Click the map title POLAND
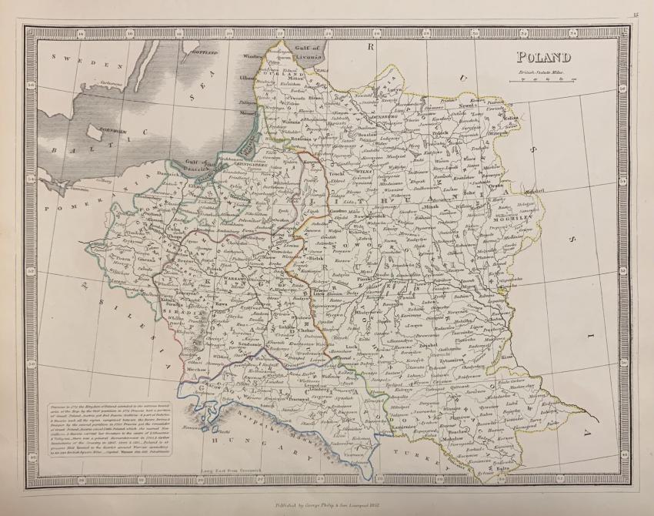pos(543,56)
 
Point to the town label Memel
pos(249,112)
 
